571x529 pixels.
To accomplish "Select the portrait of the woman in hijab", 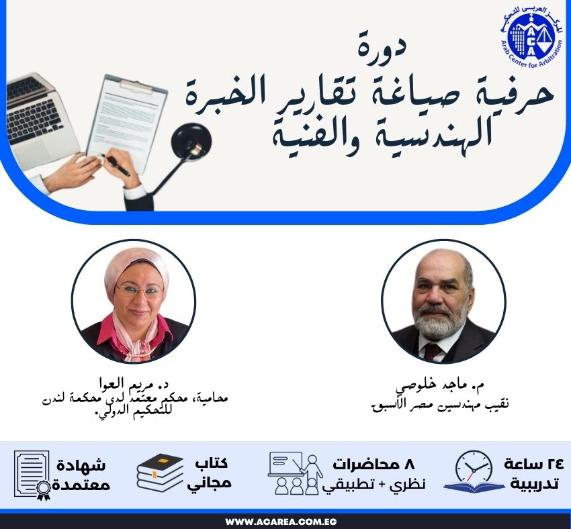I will [133, 301].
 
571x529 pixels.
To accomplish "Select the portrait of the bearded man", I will [443, 301].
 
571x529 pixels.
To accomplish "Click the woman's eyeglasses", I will [139, 291].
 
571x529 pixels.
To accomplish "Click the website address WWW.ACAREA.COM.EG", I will [285, 522].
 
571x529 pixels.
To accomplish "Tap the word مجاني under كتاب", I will [214, 482].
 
